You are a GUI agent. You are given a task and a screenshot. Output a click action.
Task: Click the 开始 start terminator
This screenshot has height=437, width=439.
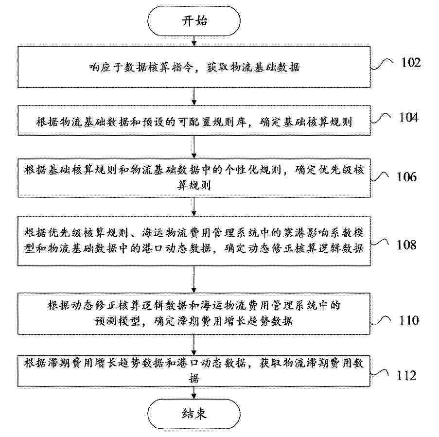[x=194, y=21]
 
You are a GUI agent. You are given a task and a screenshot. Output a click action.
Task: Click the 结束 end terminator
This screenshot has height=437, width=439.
[x=194, y=414]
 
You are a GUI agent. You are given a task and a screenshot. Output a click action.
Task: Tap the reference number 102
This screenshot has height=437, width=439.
[x=411, y=62]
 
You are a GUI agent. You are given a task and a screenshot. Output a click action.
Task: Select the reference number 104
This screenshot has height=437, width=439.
[x=408, y=117]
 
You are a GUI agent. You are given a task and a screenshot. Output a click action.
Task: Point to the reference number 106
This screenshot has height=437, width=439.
[x=406, y=177]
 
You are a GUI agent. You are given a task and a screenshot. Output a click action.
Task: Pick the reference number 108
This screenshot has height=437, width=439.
[x=406, y=245]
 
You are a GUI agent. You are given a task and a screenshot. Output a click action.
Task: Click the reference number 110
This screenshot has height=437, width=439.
[x=409, y=320]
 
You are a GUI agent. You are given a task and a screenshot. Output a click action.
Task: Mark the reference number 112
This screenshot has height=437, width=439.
[x=406, y=375]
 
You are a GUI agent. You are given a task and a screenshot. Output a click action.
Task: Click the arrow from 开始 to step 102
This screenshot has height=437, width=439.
[x=194, y=41]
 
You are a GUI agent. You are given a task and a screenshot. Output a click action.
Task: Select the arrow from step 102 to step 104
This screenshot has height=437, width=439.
[x=194, y=97]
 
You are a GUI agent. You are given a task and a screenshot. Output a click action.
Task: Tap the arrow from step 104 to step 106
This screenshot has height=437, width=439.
[x=194, y=147]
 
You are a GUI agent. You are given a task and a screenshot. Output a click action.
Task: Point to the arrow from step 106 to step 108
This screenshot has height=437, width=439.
[x=194, y=207]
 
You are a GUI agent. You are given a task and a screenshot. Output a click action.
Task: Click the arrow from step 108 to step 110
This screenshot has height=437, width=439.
[x=194, y=280]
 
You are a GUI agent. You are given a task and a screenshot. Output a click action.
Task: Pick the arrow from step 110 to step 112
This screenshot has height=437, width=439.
[x=194, y=345]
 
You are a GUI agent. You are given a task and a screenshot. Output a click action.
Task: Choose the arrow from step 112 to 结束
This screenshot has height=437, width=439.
[x=194, y=393]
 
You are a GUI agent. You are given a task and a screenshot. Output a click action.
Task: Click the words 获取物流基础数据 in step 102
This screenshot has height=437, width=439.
[x=253, y=67]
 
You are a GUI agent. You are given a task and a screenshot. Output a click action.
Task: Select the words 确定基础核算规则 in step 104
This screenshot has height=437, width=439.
[x=306, y=122]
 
